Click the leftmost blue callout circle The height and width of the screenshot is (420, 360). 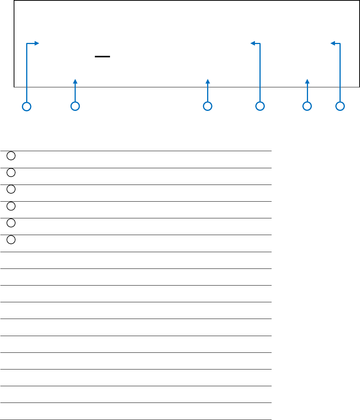pyautogui.click(x=27, y=106)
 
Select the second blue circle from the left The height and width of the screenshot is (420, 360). pyautogui.click(x=75, y=106)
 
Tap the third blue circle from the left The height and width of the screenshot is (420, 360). pyautogui.click(x=207, y=106)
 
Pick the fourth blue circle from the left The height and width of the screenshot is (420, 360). pyautogui.click(x=260, y=106)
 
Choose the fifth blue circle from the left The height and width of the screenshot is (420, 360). pyautogui.click(x=307, y=106)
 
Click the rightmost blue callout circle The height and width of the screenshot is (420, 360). pyautogui.click(x=340, y=106)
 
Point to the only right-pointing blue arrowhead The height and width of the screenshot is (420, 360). pyautogui.click(x=37, y=43)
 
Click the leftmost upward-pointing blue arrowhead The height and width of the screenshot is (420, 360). pyautogui.click(x=75, y=81)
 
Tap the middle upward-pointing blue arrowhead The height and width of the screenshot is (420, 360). pyautogui.click(x=208, y=81)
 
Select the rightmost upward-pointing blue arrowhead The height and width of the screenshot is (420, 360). pyautogui.click(x=308, y=81)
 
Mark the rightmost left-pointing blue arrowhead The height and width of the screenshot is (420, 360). pyautogui.click(x=333, y=43)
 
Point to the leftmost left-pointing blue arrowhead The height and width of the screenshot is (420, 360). pyautogui.click(x=253, y=43)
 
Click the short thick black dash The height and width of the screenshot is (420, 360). pyautogui.click(x=102, y=57)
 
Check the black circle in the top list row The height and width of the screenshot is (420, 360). pyautogui.click(x=11, y=156)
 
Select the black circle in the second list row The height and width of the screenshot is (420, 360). pyautogui.click(x=11, y=172)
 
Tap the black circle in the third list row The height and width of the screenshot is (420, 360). pyautogui.click(x=11, y=189)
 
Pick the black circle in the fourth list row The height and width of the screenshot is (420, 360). pyautogui.click(x=11, y=206)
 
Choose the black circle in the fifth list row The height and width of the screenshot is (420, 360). pyautogui.click(x=11, y=223)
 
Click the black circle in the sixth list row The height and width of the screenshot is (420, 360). pyautogui.click(x=11, y=239)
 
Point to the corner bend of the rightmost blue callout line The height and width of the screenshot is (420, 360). pyautogui.click(x=340, y=43)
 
